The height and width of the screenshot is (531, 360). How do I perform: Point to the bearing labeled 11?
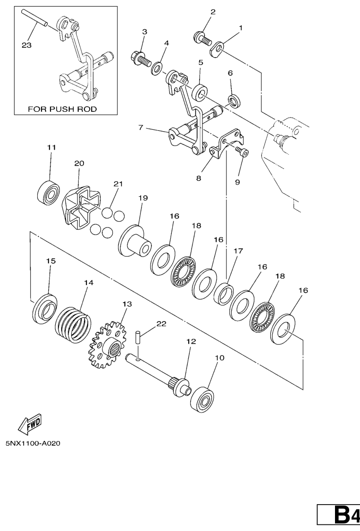tap(48, 191)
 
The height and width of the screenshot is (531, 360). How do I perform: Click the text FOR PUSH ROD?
tap(62, 109)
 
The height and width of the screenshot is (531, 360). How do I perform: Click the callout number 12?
tap(191, 341)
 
